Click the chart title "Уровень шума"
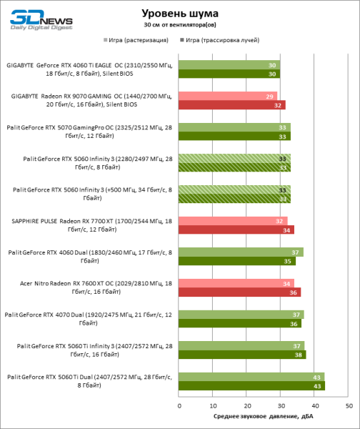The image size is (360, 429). click(180, 13)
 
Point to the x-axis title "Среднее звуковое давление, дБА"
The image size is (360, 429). click(262, 416)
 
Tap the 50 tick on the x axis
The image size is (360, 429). click(349, 405)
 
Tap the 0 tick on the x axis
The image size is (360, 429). click(178, 405)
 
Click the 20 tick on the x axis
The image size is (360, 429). click(246, 405)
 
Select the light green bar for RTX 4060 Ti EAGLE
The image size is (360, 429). click(229, 64)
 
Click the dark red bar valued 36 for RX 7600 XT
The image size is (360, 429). click(239, 292)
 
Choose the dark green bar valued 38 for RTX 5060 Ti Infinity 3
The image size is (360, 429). click(242, 354)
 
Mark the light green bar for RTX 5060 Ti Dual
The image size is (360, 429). click(251, 376)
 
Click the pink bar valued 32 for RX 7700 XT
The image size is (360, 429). click(232, 220)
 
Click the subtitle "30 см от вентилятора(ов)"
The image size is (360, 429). click(180, 26)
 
